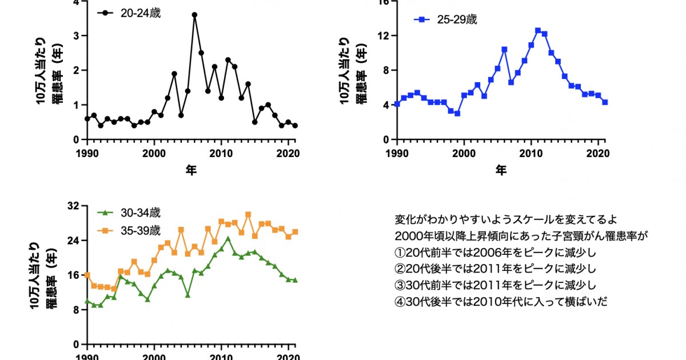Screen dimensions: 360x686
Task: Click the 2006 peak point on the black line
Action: point(194,15)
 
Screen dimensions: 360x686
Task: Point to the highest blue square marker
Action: point(538,31)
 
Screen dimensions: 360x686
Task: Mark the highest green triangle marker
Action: point(228,238)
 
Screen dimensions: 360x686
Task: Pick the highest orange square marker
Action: point(248,214)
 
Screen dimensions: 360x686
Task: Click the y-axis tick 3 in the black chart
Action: point(76,35)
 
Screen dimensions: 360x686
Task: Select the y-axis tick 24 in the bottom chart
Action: point(74,241)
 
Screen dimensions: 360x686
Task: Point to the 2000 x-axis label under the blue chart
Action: point(464,153)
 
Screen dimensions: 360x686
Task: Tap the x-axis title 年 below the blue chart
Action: point(501,170)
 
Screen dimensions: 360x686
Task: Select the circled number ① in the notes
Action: point(399,253)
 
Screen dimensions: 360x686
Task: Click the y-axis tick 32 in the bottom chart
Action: point(74,206)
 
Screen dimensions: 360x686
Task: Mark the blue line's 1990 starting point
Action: point(397,105)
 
